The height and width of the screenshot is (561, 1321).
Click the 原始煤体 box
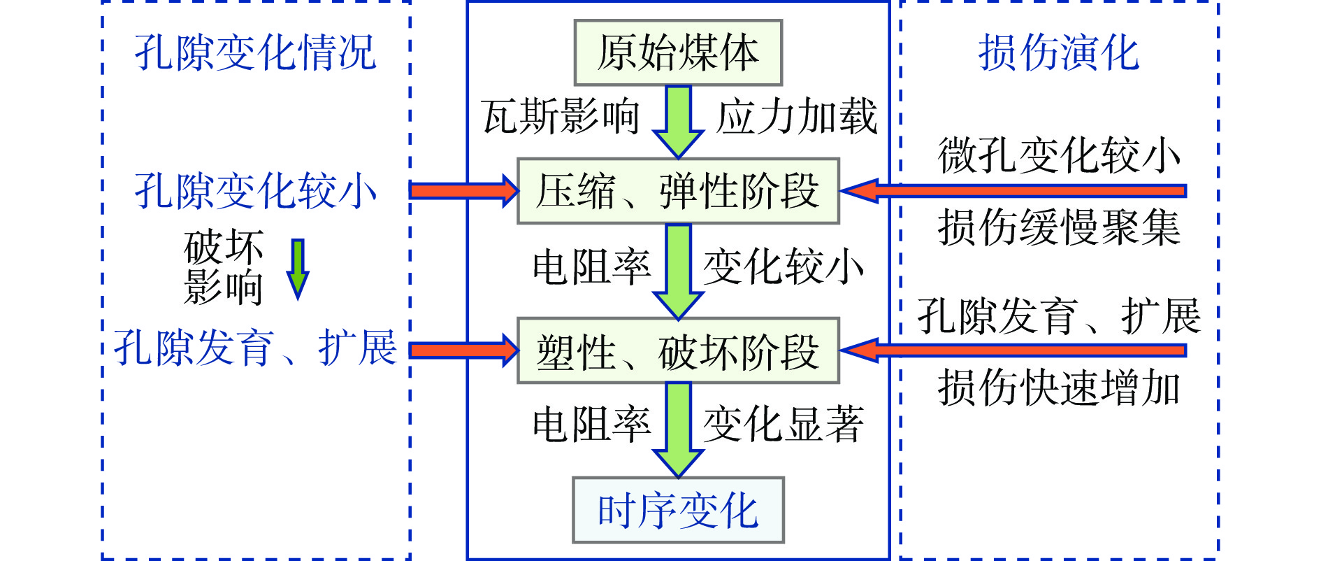click(677, 52)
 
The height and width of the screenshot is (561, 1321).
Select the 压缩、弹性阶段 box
click(677, 191)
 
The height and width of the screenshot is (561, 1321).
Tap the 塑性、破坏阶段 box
click(677, 350)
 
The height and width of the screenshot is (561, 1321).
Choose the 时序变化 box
click(677, 510)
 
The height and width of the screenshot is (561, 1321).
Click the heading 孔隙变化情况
click(255, 52)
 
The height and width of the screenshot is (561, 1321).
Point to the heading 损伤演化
click(1058, 52)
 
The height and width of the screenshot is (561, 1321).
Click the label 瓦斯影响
click(561, 116)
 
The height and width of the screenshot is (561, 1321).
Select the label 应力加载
click(797, 116)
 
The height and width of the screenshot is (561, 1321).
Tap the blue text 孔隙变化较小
click(255, 191)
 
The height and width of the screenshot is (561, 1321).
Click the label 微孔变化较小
click(1058, 155)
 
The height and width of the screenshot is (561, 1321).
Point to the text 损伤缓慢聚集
click(1058, 227)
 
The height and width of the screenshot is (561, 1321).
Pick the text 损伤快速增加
click(1058, 388)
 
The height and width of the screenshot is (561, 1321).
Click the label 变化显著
click(783, 424)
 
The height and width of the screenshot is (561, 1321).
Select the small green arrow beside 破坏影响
click(298, 269)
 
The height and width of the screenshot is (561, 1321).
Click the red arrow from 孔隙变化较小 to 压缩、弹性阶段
click(463, 191)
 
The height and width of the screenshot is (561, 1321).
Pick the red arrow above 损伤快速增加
click(1013, 350)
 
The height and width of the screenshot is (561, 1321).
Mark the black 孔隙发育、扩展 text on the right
click(1058, 316)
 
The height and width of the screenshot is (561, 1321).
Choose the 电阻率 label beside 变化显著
click(591, 424)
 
